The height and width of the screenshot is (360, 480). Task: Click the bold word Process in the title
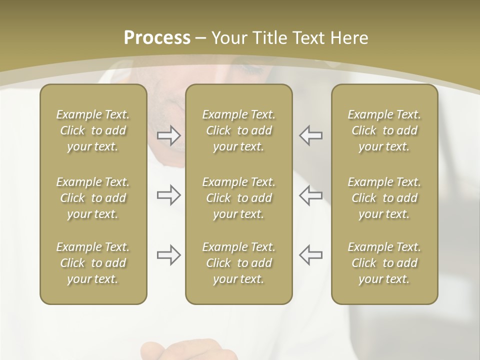point(157,38)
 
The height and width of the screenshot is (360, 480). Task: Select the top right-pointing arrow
point(168,135)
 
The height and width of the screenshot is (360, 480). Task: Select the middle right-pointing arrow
point(168,195)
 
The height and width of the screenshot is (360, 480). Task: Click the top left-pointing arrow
point(311,135)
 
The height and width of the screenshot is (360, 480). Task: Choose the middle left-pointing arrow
point(311,195)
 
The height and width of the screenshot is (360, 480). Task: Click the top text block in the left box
point(93,130)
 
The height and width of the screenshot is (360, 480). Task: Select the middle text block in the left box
point(93,198)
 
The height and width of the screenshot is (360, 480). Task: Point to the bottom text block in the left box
point(93,263)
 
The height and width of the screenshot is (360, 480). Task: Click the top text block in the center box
point(238,130)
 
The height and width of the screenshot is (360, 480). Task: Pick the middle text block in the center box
point(238,198)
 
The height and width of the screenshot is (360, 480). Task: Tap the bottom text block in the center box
point(238,263)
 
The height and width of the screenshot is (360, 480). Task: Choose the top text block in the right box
point(384,130)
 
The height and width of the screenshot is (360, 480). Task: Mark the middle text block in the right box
point(384,198)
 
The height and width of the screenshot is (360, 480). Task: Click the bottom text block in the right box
point(384,263)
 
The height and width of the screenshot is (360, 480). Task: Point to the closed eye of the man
point(252,69)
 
